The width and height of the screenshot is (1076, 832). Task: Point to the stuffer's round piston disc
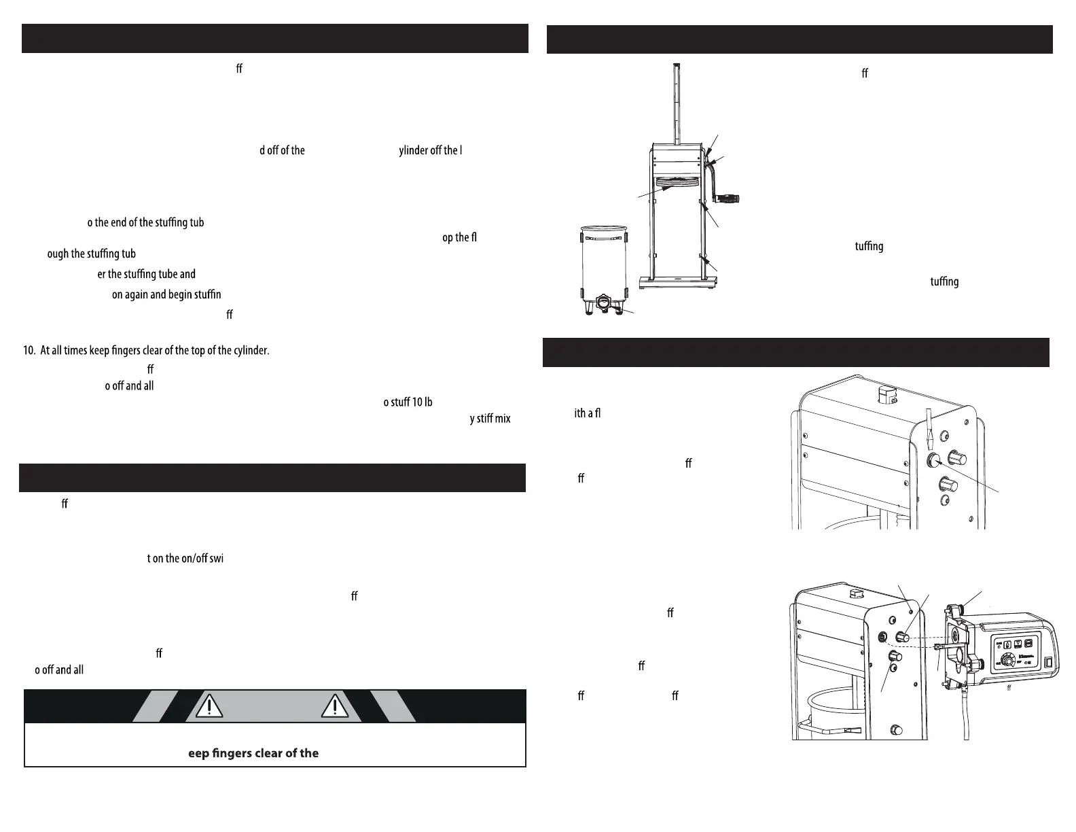click(677, 181)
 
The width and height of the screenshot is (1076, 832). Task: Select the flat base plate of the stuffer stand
click(678, 281)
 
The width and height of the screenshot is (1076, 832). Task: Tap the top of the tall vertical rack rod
click(677, 67)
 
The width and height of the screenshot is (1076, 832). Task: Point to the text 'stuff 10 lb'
click(408, 402)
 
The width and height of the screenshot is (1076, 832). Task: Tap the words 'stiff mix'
click(490, 419)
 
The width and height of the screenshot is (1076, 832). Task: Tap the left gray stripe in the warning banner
click(155, 706)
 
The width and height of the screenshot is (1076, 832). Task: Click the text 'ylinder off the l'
click(430, 150)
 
